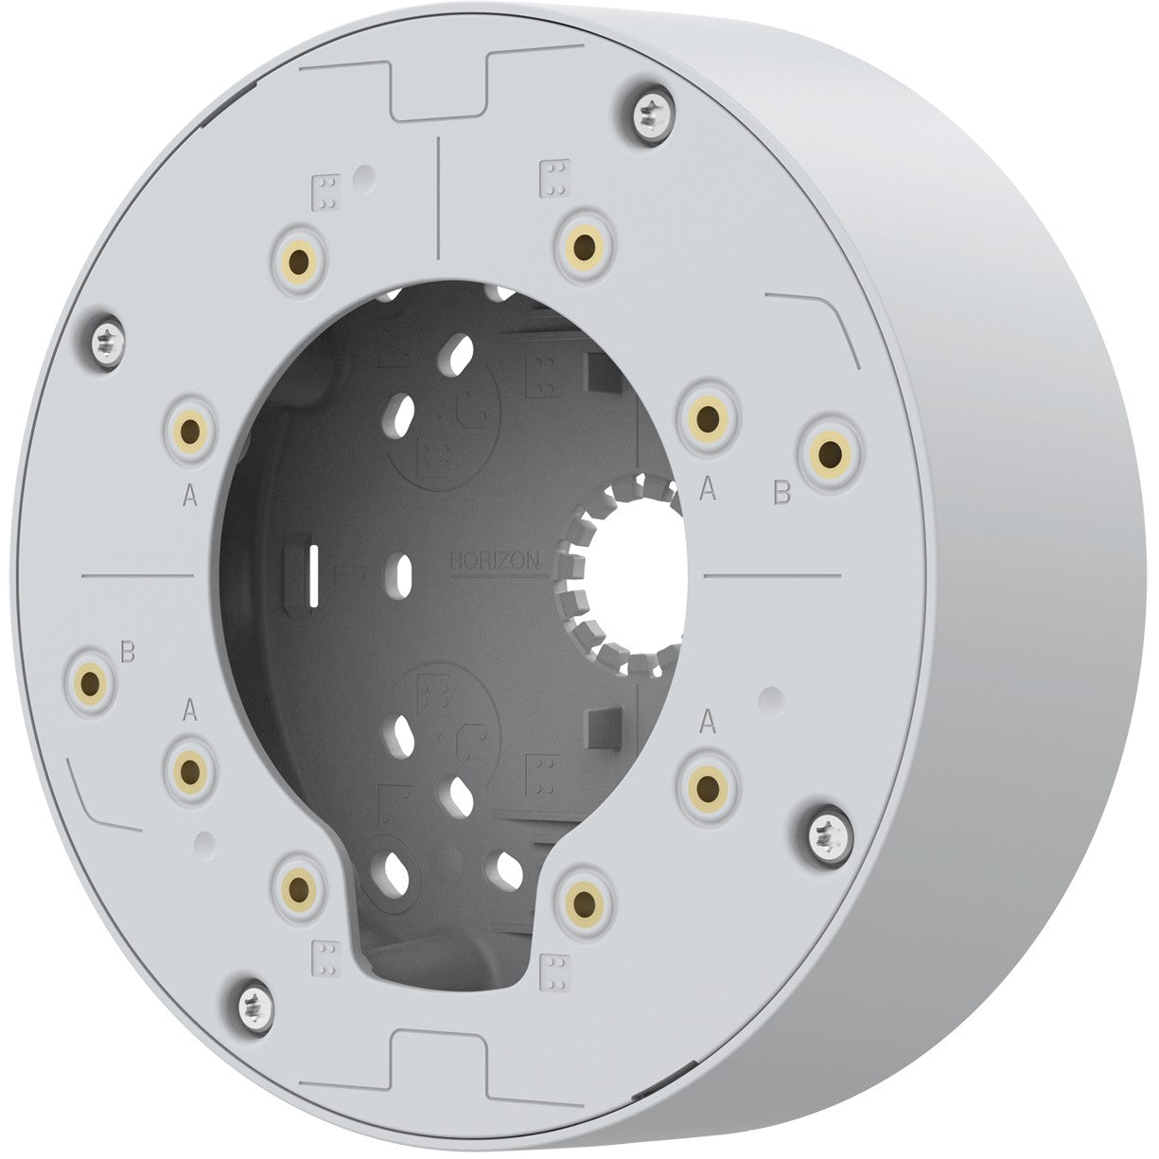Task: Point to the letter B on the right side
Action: click(x=782, y=492)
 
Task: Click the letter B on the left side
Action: click(x=129, y=652)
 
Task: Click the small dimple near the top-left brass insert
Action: click(x=361, y=176)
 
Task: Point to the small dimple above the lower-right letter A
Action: click(x=772, y=698)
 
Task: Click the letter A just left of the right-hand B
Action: click(x=705, y=488)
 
